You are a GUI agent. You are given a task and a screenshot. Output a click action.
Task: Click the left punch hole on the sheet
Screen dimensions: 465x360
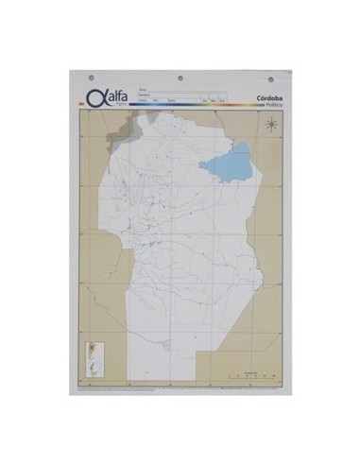pyautogui.click(x=91, y=77)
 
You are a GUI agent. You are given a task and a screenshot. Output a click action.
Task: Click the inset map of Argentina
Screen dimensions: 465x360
pyautogui.click(x=91, y=356)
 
